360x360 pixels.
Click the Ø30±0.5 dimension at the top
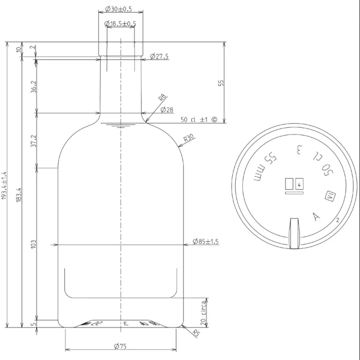pos(118,10)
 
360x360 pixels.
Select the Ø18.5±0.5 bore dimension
pos(120,23)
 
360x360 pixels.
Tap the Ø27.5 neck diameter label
pos(158,56)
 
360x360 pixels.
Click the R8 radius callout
pos(162,98)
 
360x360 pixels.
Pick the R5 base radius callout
pos(196,334)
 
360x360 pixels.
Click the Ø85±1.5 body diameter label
pos(206,241)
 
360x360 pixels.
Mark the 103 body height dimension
pos(34,244)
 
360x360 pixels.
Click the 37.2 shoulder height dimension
pos(34,140)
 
